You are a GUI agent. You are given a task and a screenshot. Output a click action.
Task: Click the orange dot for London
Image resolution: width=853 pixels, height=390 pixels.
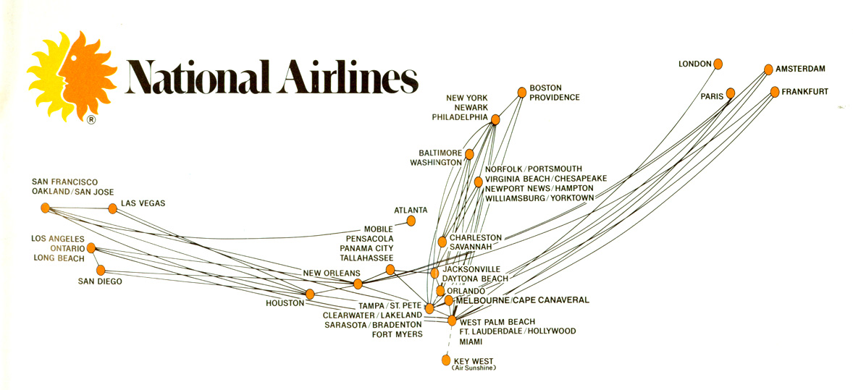click(x=718, y=64)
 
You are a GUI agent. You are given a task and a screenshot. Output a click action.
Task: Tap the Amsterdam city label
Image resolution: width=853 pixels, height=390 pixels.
click(x=800, y=69)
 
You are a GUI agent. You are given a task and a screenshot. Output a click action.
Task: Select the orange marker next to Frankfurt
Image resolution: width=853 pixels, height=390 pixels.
click(x=775, y=92)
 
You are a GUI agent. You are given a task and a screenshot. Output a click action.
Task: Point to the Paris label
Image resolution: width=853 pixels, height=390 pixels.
click(x=712, y=96)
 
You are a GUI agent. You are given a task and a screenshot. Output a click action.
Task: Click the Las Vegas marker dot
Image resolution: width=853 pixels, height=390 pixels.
click(x=112, y=208)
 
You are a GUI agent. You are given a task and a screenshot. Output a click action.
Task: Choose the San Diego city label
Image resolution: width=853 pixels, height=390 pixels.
click(x=100, y=281)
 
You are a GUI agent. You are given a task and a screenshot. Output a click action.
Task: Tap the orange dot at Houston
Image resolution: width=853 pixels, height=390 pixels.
click(x=310, y=294)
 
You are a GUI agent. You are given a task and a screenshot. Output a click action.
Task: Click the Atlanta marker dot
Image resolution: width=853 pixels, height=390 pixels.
click(x=411, y=221)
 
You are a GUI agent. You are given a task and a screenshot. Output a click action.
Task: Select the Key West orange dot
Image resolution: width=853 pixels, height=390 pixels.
click(x=446, y=359)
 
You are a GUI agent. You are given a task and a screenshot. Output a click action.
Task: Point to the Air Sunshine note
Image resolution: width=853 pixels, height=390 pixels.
click(x=474, y=368)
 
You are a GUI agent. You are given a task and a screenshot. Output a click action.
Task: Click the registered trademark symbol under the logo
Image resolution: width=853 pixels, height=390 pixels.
click(x=91, y=120)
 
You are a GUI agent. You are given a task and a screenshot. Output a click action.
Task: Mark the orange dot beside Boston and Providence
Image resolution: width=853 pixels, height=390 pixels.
click(x=521, y=92)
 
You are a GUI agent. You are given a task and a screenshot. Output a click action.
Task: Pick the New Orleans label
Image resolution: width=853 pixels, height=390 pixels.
click(x=332, y=273)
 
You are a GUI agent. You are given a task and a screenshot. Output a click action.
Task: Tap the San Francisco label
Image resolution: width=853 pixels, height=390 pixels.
click(x=64, y=182)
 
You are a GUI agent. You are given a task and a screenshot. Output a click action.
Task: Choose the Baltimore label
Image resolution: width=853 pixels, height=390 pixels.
click(x=440, y=153)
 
